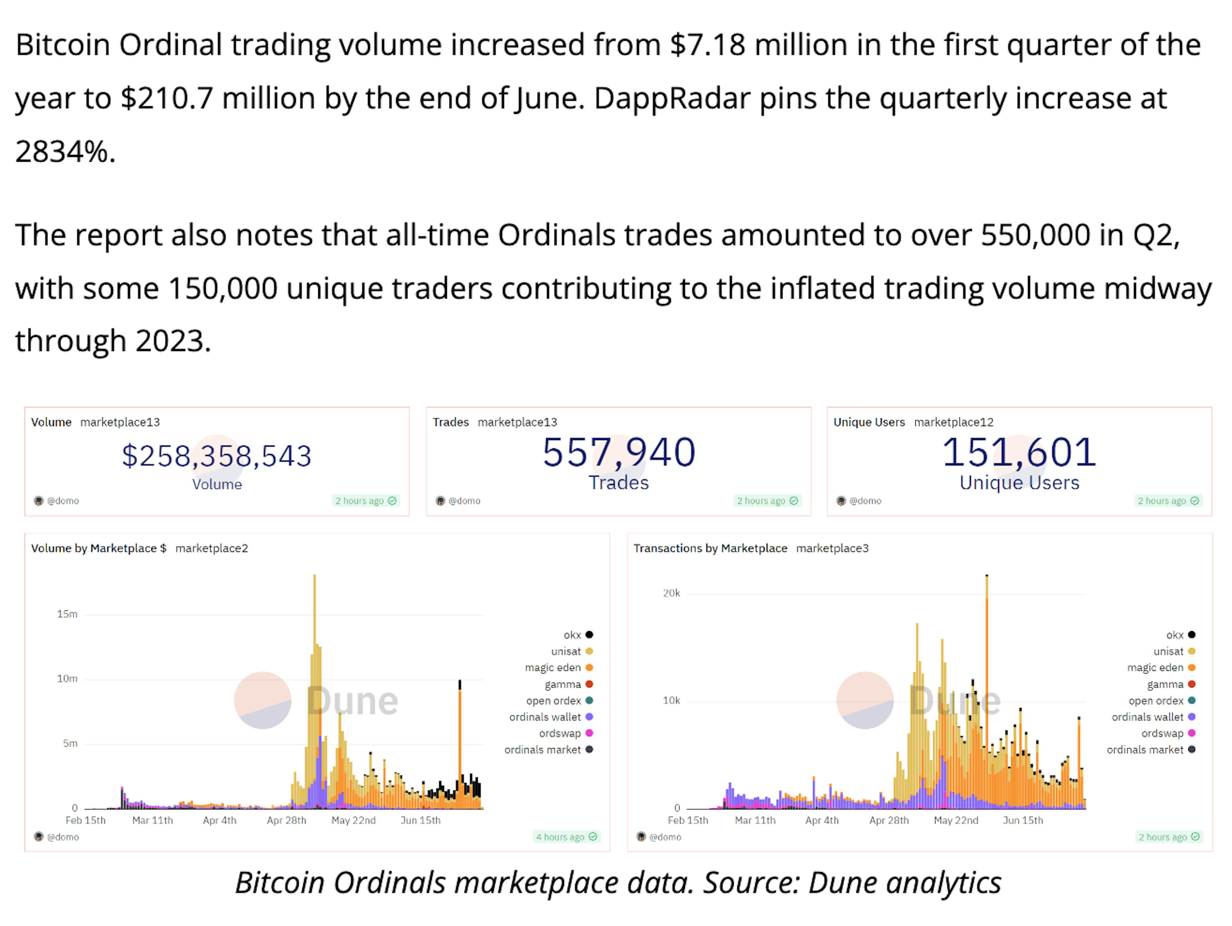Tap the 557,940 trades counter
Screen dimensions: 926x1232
coord(619,452)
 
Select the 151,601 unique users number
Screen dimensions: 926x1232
coord(1019,452)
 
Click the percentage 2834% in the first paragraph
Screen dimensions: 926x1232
coord(64,151)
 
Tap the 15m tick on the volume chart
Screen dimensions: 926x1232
coord(67,614)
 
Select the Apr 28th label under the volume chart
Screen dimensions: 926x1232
coord(286,820)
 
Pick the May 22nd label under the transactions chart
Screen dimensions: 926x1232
coord(956,820)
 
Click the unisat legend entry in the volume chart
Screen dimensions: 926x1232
coord(566,651)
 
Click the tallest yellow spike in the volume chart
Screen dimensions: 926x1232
coord(315,613)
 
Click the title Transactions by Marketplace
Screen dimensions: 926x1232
coord(710,548)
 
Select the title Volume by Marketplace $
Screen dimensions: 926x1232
coord(98,548)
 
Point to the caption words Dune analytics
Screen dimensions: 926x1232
coord(904,883)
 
